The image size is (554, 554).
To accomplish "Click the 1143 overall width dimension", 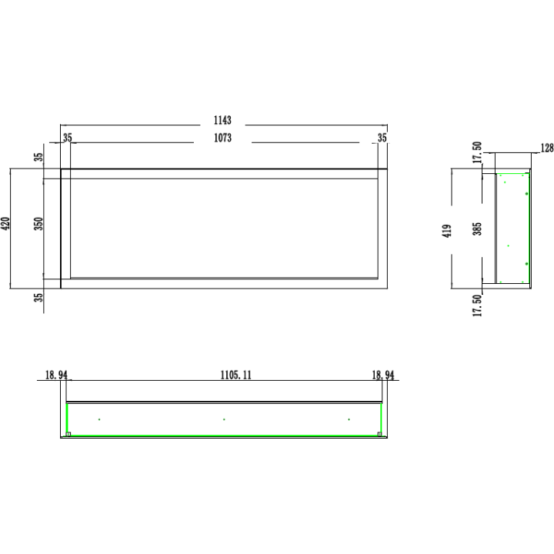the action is pos(222,121).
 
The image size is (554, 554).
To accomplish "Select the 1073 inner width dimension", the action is pos(222,138).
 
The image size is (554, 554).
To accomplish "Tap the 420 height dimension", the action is pos(5,224).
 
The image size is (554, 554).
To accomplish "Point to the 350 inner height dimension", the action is pos(38,224).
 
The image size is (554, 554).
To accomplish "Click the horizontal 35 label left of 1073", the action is pos(68,138).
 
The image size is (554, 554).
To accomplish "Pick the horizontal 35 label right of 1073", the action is pos(382,138).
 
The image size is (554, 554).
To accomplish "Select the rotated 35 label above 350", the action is pos(38,157).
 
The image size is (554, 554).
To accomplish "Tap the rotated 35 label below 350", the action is pos(38,298).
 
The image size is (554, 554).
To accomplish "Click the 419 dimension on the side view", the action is pos(447,231).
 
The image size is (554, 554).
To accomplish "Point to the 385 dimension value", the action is pos(477,229).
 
